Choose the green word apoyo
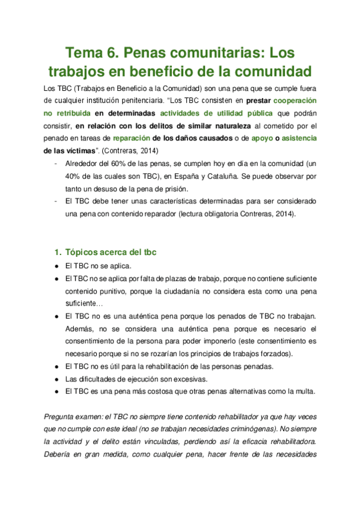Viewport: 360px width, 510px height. click(x=262, y=138)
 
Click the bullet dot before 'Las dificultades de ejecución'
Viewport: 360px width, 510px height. click(x=55, y=379)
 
